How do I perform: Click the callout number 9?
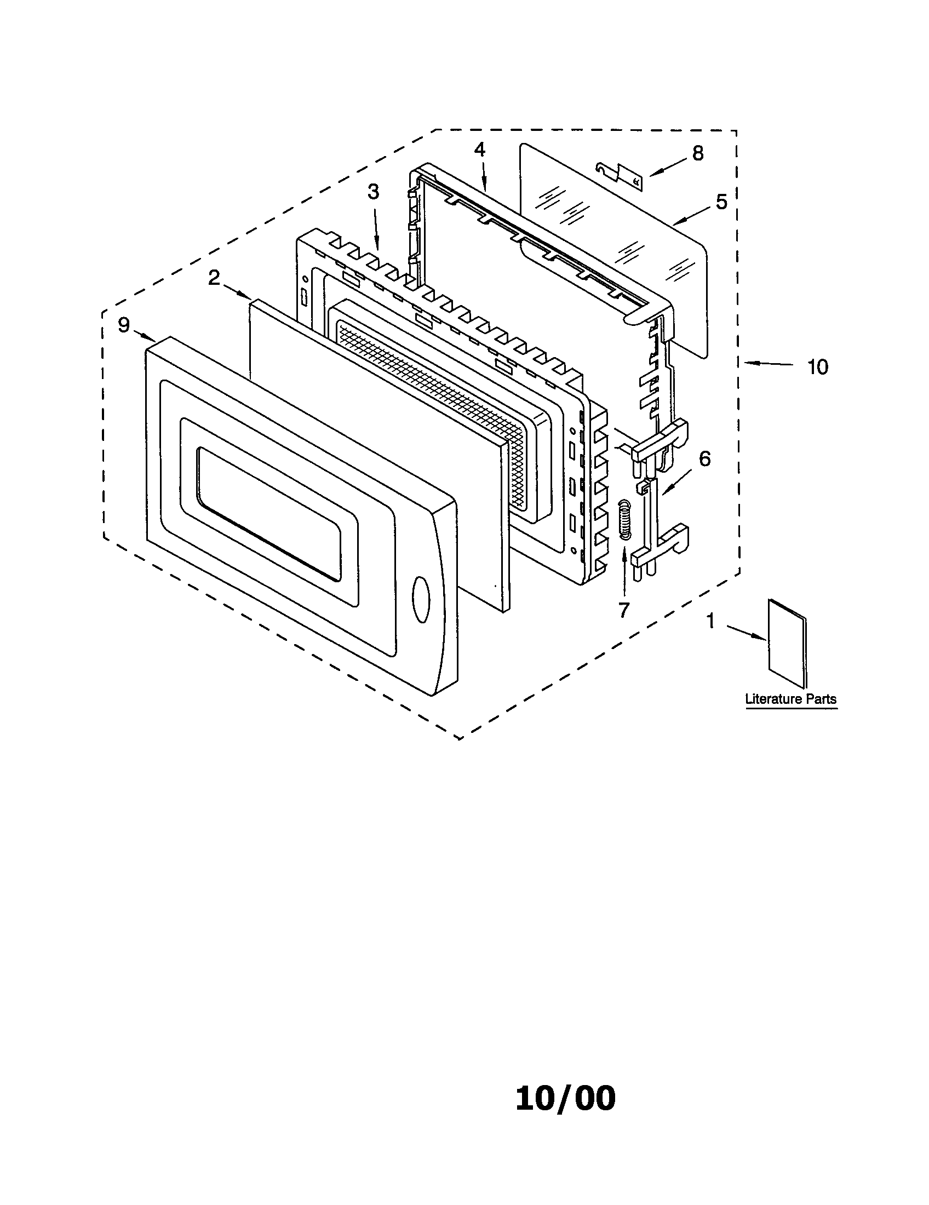tap(124, 325)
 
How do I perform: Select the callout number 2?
tap(214, 279)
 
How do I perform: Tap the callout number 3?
tap(374, 192)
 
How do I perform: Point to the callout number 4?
tap(479, 150)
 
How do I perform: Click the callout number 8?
tap(698, 153)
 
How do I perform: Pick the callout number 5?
tap(721, 202)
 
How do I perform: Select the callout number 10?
tap(818, 367)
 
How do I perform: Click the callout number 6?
tap(704, 459)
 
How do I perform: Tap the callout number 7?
tap(623, 610)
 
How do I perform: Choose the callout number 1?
tap(711, 622)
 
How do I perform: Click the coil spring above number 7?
tap(624, 519)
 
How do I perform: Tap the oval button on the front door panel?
tap(421, 600)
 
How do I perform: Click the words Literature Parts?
tap(790, 699)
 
